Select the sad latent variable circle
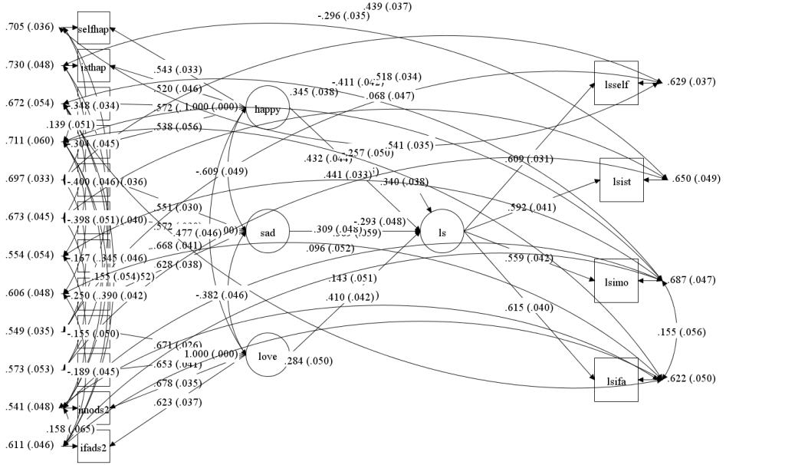click(268, 231)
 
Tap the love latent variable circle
click(267, 355)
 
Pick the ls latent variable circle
click(442, 231)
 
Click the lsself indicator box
click(616, 83)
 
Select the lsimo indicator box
click(616, 281)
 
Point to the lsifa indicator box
click(616, 379)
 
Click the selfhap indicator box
click(94, 28)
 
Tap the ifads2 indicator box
click(94, 447)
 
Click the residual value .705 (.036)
click(29, 27)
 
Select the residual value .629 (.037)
click(691, 81)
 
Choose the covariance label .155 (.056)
click(681, 332)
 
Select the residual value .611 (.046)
click(29, 445)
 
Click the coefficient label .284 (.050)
click(309, 361)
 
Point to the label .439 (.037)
click(387, 6)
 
